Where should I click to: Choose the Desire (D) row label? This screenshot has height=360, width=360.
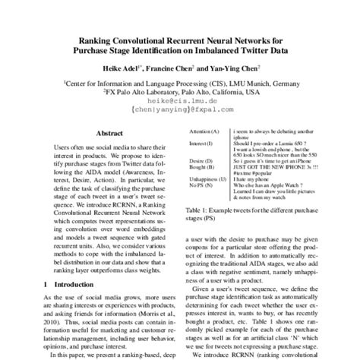(x=196, y=161)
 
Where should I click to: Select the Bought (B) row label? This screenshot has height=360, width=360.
(x=197, y=167)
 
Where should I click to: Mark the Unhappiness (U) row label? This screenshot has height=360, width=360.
(x=203, y=178)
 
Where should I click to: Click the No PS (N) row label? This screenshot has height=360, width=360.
(x=196, y=185)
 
